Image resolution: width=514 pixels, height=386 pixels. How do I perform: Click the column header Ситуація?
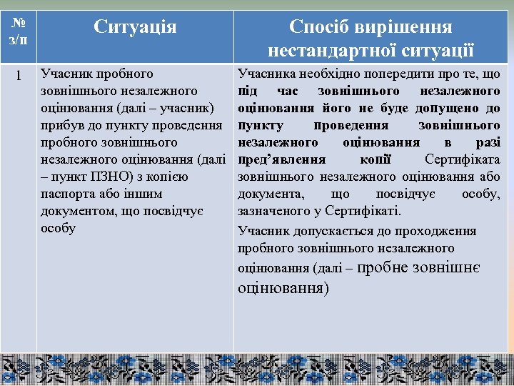135,28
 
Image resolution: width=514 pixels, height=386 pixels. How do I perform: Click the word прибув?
61,125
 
